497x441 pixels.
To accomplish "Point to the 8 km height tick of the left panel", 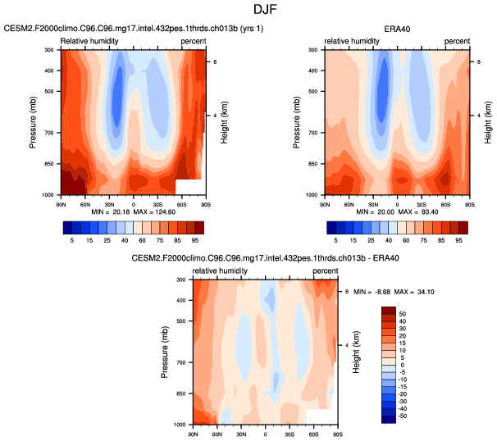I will (x=214, y=61).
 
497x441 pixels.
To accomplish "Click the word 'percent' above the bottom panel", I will (x=326, y=271).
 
